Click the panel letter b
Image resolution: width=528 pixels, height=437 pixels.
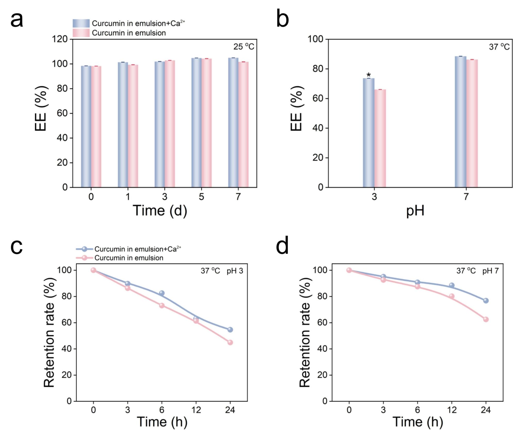click(x=282, y=20)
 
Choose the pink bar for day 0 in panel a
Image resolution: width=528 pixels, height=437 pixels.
click(x=96, y=127)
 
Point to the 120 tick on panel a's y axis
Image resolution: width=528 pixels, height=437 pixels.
click(x=60, y=39)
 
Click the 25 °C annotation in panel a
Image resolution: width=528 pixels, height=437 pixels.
click(x=244, y=47)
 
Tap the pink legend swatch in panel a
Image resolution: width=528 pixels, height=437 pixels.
click(x=81, y=33)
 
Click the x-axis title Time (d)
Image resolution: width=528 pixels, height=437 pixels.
click(x=160, y=210)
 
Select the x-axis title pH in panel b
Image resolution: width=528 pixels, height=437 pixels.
click(x=415, y=210)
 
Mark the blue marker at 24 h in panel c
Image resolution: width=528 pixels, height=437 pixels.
click(x=230, y=330)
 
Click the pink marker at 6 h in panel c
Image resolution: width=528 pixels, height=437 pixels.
click(x=162, y=306)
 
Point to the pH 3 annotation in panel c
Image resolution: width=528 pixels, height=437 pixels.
click(x=235, y=271)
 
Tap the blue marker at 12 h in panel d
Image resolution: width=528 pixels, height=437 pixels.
click(x=451, y=285)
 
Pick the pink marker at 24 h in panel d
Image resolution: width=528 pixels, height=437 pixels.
click(x=486, y=319)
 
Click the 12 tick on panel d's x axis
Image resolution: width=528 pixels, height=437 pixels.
click(x=451, y=410)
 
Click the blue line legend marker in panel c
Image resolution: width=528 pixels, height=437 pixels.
click(x=84, y=249)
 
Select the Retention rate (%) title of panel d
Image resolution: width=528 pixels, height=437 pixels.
click(x=305, y=333)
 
